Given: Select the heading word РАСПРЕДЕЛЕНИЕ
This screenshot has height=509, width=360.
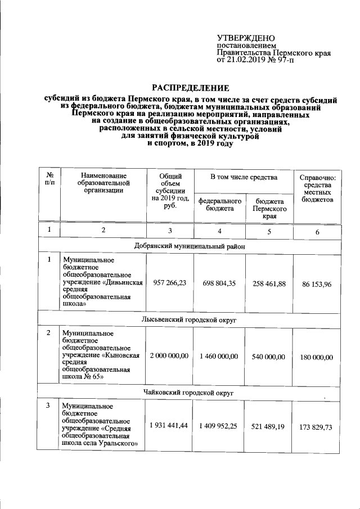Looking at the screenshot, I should coord(191,88).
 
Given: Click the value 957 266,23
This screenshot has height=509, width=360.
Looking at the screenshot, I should coord(169,284).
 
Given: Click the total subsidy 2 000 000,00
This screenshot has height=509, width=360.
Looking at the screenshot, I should coord(169,357).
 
